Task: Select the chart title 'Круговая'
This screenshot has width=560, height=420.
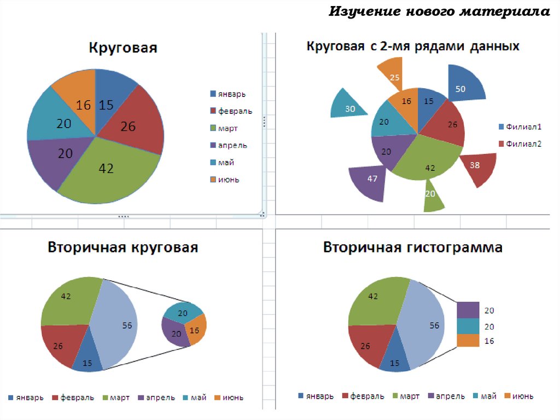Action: [123, 48]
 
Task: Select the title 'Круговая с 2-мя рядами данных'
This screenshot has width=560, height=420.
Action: [412, 47]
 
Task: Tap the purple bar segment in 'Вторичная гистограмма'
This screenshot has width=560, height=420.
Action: [468, 310]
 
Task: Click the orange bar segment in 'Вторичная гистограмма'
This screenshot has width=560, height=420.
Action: [468, 340]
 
